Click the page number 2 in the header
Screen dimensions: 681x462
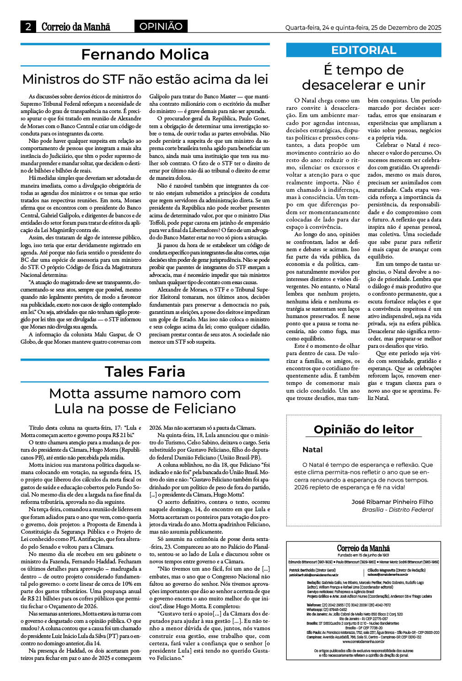coord(28,27)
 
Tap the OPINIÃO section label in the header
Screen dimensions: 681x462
coord(161,27)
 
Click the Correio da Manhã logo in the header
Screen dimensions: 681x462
coord(76,27)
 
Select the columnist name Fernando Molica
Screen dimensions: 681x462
coord(145,54)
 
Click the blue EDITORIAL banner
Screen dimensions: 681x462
coord(364,50)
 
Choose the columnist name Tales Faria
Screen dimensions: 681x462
coord(145,371)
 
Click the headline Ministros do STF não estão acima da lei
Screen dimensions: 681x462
coord(145,79)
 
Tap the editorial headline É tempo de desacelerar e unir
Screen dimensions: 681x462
coord(364,77)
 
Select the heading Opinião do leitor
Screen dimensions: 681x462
coord(364,429)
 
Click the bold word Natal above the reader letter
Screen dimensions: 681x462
coord(312,449)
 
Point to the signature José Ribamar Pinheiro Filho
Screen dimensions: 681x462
coord(392,502)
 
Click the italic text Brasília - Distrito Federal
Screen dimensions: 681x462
coord(397,509)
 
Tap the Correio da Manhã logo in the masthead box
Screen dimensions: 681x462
coord(364,548)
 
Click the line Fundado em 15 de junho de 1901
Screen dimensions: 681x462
coord(364,555)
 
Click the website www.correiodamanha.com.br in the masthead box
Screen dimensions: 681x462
coord(364,641)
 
